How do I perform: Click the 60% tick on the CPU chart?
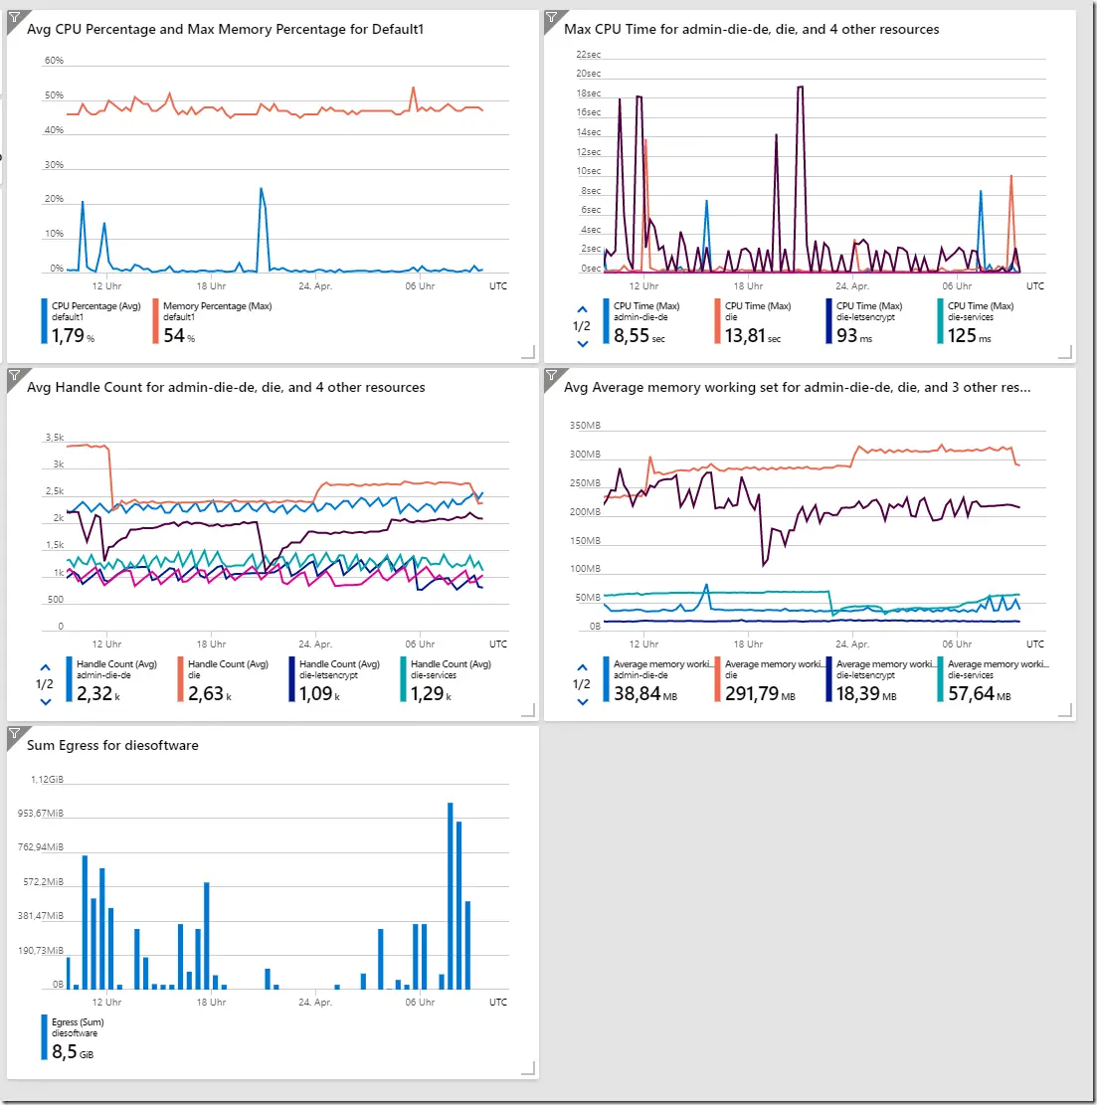[54, 61]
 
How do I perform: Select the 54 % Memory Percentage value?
[179, 335]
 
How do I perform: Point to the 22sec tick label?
[589, 55]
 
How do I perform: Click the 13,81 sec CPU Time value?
[753, 335]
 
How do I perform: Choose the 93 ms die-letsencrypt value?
[854, 335]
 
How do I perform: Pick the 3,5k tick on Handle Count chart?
[55, 438]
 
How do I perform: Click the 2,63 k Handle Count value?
[209, 693]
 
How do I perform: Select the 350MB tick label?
[585, 426]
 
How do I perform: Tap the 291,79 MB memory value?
[760, 693]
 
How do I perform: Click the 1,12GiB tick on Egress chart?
[47, 780]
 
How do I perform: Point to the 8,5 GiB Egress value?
[72, 1051]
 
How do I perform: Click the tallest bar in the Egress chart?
[451, 896]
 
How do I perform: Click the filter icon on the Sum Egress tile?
[15, 734]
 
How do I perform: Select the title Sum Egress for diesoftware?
[112, 745]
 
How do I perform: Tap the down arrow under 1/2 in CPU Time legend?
[582, 344]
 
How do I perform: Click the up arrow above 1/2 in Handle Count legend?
[45, 667]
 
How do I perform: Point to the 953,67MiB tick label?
[41, 814]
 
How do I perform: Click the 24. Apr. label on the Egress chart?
[315, 1003]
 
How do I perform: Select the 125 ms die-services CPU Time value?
[969, 335]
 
